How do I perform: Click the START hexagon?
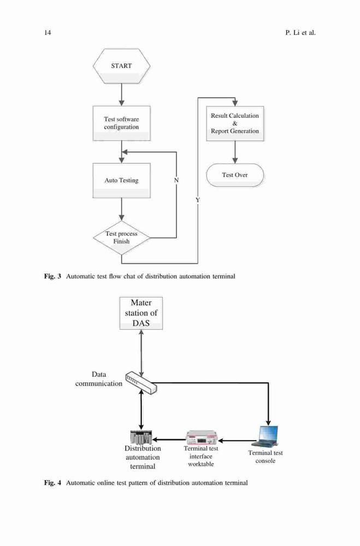pos(122,66)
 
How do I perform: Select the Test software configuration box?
pos(122,123)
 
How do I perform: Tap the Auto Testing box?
pos(122,180)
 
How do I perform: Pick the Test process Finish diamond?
pos(122,238)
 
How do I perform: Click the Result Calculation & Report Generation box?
pos(235,123)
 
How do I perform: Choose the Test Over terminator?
pos(235,175)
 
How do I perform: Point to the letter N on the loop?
pos(176,180)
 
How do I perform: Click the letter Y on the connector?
pos(198,200)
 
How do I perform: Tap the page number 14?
pos(48,33)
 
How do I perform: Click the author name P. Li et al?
pos(300,33)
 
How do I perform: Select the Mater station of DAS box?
pos(141,313)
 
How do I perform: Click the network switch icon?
pos(141,382)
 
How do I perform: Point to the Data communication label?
pos(99,379)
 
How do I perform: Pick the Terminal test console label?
pos(265,457)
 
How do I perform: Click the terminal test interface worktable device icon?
pos(202,437)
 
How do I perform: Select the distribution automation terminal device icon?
pos(141,437)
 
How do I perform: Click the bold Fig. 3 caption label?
pos(52,276)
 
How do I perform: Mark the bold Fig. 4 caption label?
pos(52,483)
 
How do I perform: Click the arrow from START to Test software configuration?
pos(122,94)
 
